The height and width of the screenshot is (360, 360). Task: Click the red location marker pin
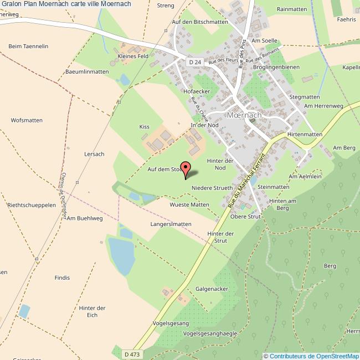(x=186, y=169)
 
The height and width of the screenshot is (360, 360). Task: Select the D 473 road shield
(x=132, y=354)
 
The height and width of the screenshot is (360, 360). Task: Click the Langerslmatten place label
(x=171, y=224)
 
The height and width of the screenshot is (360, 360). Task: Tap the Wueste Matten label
(x=189, y=204)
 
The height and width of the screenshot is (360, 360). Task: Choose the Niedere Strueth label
(x=212, y=188)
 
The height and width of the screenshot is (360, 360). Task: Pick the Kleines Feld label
(x=133, y=56)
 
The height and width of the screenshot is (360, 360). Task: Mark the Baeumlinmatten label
(x=87, y=71)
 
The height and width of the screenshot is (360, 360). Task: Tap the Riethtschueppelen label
(x=32, y=204)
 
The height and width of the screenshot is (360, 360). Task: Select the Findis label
(x=63, y=277)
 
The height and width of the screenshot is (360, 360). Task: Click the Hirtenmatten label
(x=305, y=135)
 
